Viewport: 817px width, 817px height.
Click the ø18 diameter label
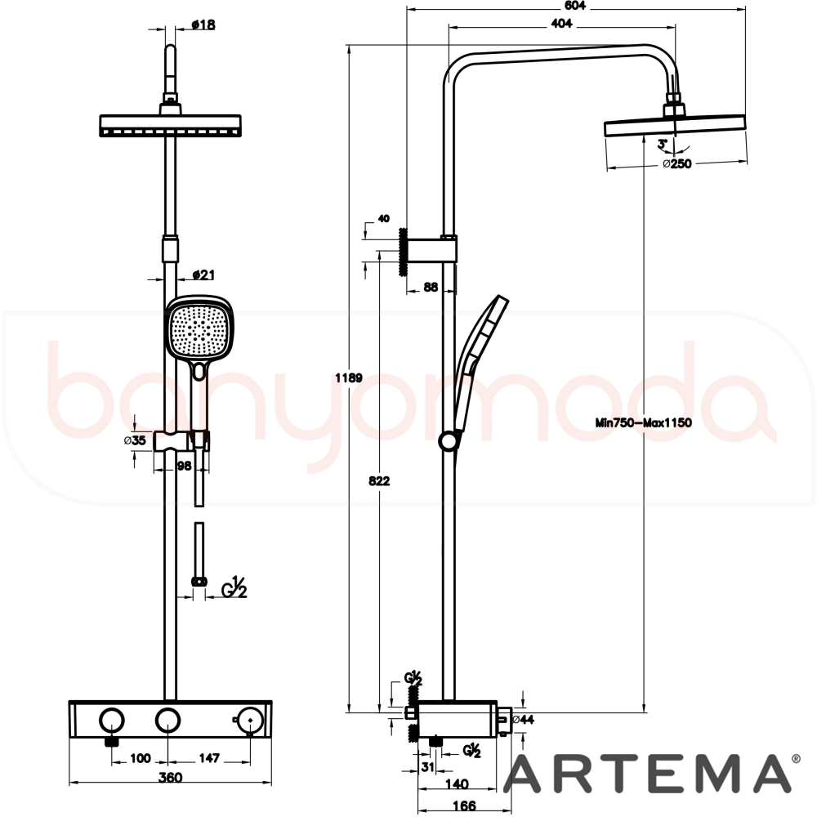point(203,25)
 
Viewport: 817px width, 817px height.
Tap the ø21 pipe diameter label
point(203,275)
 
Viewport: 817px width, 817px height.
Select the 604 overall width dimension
point(575,6)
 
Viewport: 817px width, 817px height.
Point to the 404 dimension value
point(561,23)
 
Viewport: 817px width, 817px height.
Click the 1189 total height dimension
point(349,377)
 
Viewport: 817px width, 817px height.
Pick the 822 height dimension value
point(379,481)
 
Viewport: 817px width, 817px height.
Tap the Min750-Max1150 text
point(644,422)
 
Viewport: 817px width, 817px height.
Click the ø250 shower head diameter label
point(676,163)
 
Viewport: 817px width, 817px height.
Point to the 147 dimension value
point(209,758)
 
